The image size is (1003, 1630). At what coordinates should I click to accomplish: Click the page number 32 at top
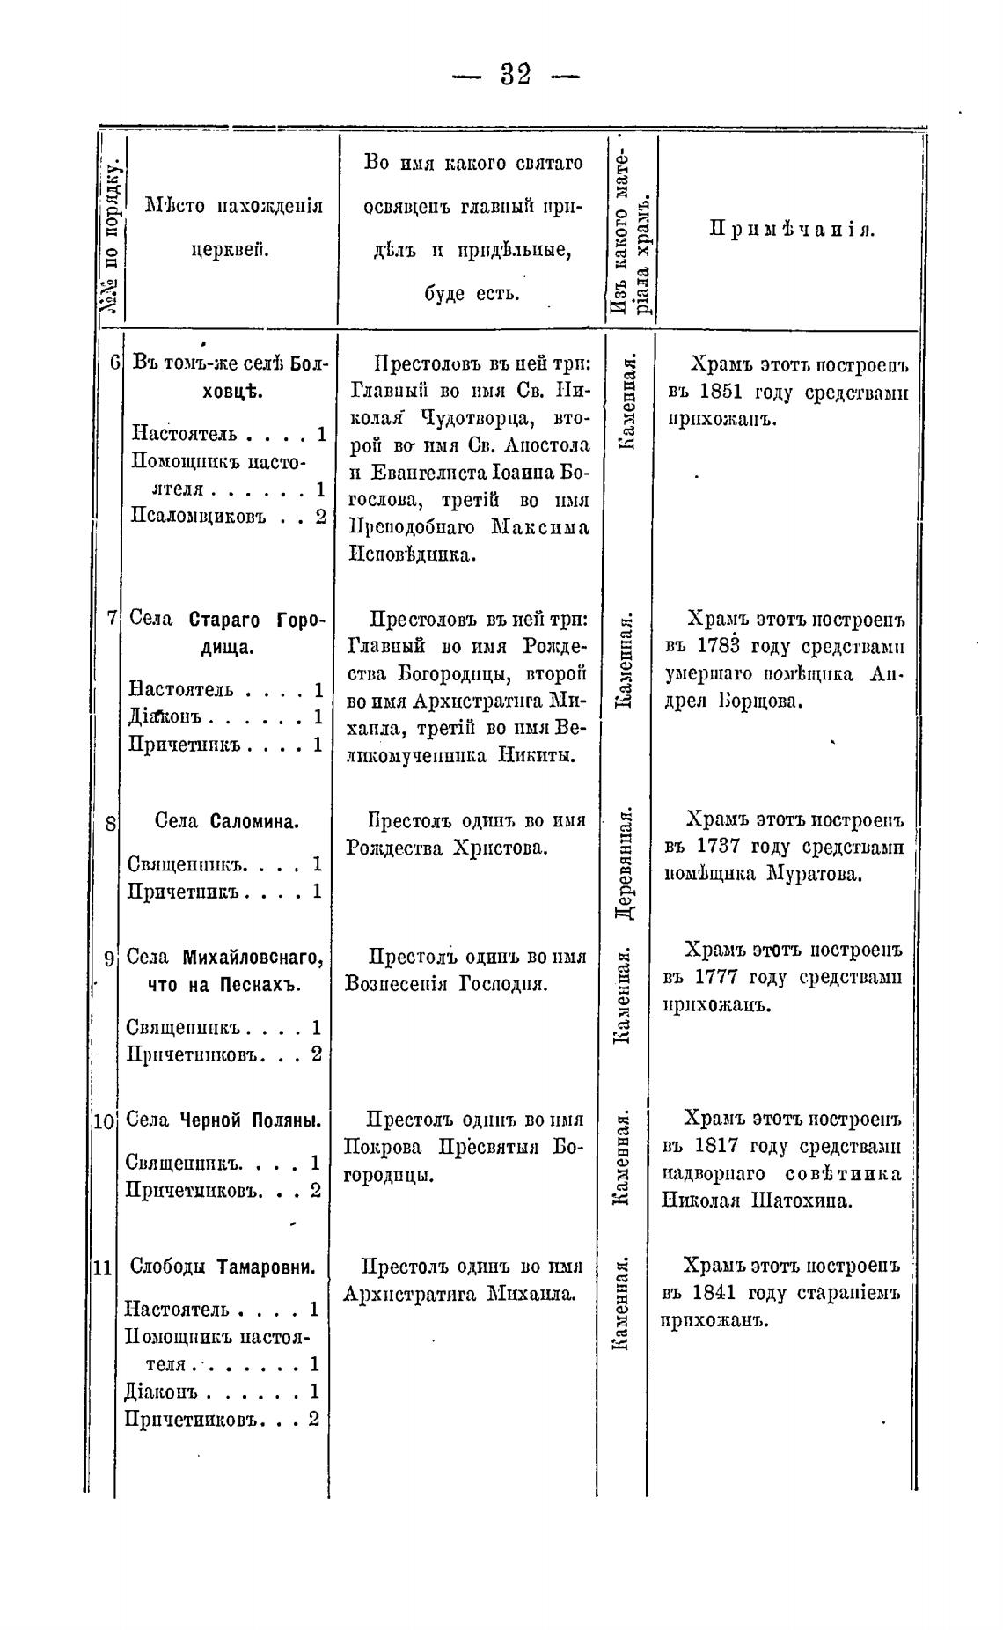pos(516,75)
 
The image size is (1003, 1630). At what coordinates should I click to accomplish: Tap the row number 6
pos(115,362)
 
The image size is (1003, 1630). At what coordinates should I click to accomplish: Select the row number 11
pos(102,1268)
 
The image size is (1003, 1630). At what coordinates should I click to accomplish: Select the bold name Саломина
pos(255,822)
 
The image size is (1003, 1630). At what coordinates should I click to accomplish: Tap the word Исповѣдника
pos(413,555)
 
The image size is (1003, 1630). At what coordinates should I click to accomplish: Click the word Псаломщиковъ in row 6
pos(199,517)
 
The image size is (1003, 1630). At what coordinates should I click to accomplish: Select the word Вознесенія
pos(398,984)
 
